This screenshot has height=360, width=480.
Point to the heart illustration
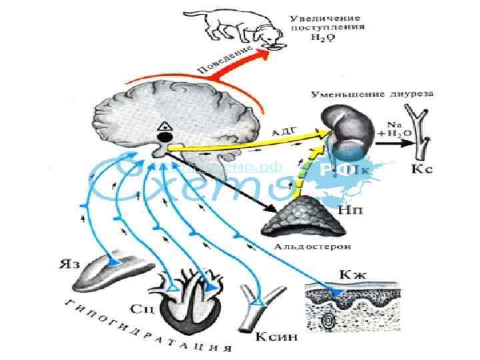tap(191, 300)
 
